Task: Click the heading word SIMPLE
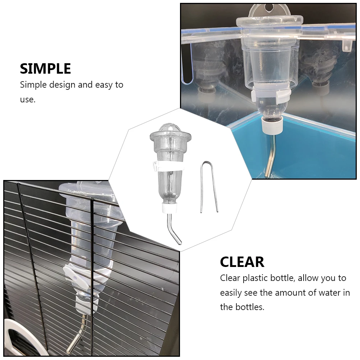pos(45,68)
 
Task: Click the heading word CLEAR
pos(242,262)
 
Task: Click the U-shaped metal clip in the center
pos(209,187)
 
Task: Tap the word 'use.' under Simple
pos(28,100)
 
